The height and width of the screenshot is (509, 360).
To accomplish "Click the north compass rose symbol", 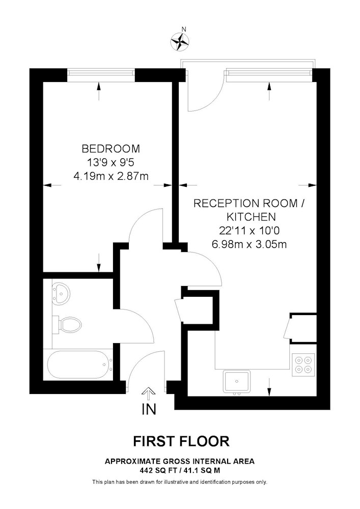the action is click(180, 42).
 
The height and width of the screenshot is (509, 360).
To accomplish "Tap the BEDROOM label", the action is click(110, 149).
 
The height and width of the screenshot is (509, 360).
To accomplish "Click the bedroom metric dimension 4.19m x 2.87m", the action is click(110, 176).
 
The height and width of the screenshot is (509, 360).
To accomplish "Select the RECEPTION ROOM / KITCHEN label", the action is click(250, 210).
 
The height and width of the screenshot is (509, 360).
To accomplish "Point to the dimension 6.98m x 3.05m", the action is click(250, 244).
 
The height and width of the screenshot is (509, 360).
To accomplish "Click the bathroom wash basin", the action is click(61, 294).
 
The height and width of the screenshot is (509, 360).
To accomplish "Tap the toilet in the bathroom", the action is click(67, 324).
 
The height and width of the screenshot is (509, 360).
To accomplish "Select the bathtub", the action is click(78, 364).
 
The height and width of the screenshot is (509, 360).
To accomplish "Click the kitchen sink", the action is click(237, 382).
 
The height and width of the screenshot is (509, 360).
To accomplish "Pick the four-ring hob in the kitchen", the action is click(303, 364).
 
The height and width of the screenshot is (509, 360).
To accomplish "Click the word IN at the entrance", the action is click(149, 409).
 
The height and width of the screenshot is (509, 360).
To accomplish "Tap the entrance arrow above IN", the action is click(149, 394).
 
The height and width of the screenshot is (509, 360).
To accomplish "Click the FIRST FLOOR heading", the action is click(181, 441).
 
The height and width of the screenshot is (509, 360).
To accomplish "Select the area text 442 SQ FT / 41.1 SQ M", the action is click(180, 470).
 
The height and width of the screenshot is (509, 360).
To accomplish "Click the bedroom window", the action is click(101, 75).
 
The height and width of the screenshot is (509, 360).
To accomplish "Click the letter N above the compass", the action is click(184, 29).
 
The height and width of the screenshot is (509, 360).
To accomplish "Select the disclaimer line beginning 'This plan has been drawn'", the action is click(180, 482).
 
